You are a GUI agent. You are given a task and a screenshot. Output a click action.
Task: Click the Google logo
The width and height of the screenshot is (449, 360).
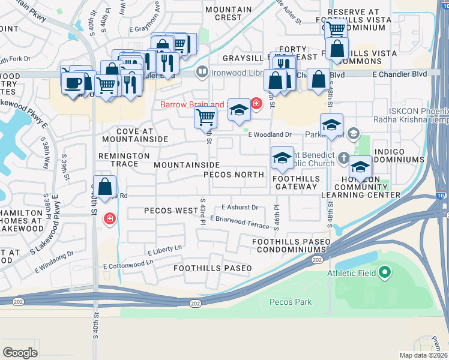coord(20,353)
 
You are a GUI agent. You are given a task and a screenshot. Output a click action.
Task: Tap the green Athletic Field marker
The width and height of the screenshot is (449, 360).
coord(385,274)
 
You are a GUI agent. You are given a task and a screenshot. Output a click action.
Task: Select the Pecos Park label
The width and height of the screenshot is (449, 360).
coord(291,302)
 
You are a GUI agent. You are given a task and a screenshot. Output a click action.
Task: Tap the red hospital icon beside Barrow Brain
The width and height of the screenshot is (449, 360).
coord(256,103)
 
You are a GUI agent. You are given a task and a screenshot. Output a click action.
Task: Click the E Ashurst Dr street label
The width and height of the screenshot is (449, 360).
coord(240,207)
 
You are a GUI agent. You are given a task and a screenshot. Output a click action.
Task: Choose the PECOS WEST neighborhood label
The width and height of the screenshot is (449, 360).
coord(171,211)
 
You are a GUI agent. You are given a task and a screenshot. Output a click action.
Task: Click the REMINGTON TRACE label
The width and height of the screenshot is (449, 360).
coord(124,155)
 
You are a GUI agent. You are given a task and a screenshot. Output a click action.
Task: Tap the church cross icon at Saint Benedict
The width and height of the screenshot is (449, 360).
coord(343,158)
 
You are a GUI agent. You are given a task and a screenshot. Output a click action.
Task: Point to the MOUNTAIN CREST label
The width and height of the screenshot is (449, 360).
coord(228,14)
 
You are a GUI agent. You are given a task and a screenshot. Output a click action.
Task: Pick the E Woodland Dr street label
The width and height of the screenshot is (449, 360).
coord(270,134)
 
